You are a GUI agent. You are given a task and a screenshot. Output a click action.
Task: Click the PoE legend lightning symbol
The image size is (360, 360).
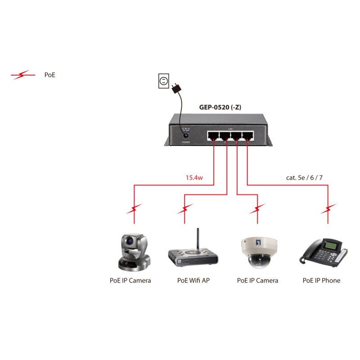coord(23,75)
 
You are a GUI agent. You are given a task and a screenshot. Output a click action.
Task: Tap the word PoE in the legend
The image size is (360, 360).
coord(49,75)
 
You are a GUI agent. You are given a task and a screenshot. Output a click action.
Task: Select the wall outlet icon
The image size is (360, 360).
coord(163,81)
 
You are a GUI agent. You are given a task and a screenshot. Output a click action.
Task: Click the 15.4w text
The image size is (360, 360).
coord(194,178)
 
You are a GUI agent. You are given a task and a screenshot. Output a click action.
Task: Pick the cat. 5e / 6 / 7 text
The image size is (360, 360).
coord(304,178)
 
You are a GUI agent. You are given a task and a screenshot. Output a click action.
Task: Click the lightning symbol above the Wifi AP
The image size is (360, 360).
coord(185,209)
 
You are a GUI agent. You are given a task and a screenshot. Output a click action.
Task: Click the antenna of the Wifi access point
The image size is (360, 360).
coord(197,241)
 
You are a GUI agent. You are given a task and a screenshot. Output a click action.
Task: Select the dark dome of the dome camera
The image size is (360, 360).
coord(257,260)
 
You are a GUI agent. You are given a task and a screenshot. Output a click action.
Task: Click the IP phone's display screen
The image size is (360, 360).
coord(331,246)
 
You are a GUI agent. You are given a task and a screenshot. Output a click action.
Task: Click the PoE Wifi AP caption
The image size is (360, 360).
coord(193,280)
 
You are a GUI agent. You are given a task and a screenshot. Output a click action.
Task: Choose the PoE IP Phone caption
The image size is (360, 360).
coord(321,280)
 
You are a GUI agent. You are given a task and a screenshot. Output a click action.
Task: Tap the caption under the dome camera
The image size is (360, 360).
coord(257,280)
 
